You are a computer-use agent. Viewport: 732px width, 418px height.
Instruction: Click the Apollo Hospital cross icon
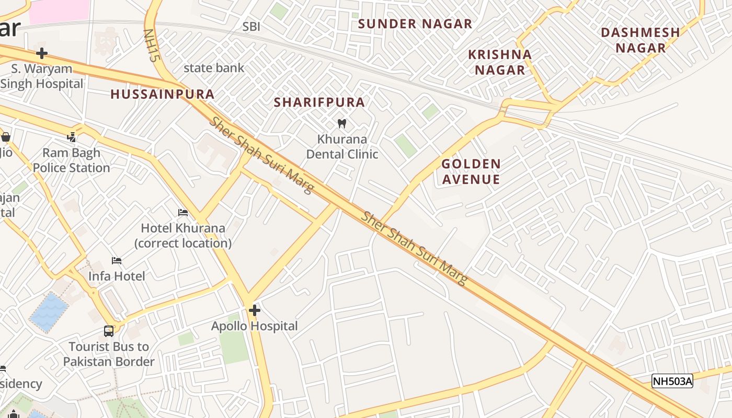click(255, 311)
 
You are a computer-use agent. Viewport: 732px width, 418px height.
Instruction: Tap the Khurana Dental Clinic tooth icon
click(342, 124)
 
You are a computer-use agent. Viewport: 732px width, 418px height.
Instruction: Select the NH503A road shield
click(672, 381)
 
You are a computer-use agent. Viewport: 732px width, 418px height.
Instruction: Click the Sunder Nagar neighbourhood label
click(415, 24)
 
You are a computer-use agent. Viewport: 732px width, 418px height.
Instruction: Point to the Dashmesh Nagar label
click(641, 40)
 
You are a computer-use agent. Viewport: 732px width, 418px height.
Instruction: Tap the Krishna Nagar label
click(500, 62)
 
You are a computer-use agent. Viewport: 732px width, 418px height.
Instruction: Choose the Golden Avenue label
click(471, 171)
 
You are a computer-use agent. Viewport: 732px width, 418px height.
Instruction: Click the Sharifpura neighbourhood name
click(319, 102)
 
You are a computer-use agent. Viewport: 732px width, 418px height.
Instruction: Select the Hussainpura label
click(163, 95)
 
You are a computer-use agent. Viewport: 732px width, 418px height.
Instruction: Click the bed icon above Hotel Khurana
click(183, 213)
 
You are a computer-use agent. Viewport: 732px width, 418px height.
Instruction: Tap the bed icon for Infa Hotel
click(117, 260)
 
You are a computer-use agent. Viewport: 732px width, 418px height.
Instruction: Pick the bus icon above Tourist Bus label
click(109, 331)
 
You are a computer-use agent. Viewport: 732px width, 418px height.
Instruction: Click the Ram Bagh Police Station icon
click(72, 137)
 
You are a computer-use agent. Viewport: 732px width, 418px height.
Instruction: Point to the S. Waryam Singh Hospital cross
click(42, 53)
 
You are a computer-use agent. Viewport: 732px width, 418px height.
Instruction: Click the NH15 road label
click(151, 46)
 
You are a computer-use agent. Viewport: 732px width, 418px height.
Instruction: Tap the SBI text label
click(251, 27)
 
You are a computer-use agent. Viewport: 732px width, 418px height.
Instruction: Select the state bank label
click(214, 68)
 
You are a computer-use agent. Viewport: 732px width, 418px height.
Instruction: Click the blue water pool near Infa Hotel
click(49, 311)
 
